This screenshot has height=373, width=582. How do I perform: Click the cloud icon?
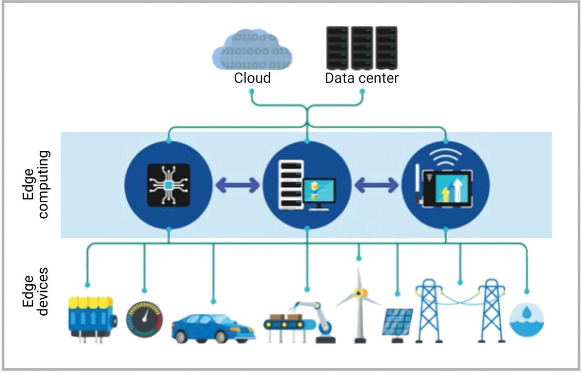[x=252, y=50]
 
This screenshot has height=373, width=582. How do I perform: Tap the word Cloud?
[x=252, y=78]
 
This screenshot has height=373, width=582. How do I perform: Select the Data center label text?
[x=362, y=78]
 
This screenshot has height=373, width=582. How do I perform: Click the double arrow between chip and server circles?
[x=237, y=185]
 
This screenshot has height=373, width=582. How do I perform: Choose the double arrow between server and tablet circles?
[x=375, y=185]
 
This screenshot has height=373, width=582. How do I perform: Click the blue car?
[x=213, y=327]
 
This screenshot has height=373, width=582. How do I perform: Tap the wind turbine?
[x=359, y=303]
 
